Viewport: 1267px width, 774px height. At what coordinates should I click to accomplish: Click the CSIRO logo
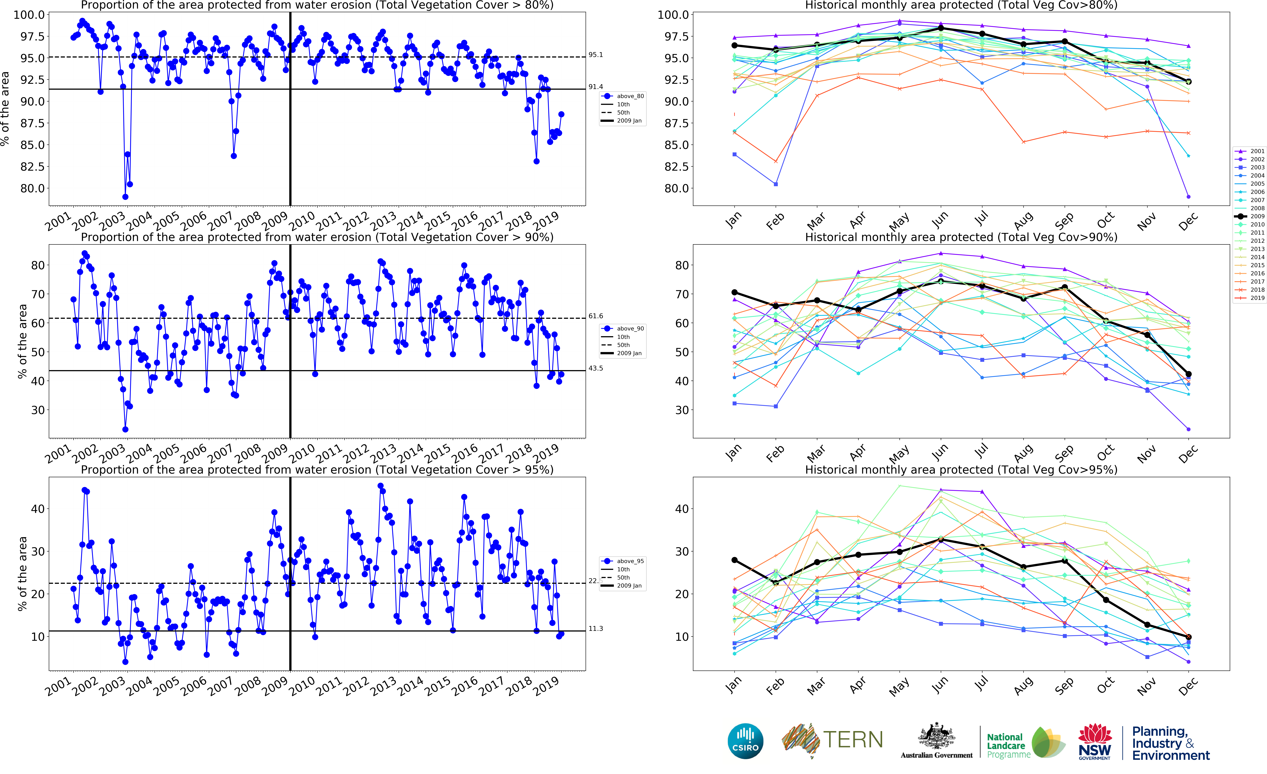(745, 741)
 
